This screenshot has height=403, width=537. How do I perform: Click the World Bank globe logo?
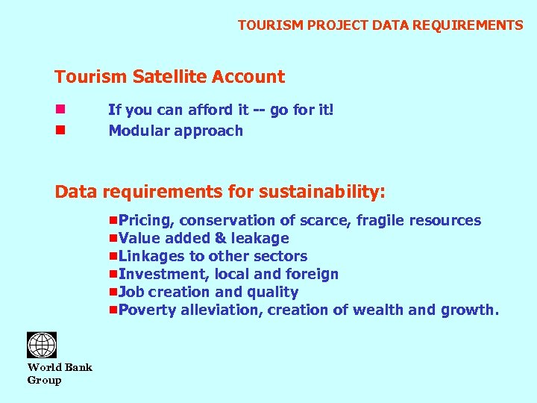(42, 345)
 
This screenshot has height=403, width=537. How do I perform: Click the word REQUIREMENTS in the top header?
(477, 25)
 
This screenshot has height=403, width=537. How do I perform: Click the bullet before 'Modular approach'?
(60, 131)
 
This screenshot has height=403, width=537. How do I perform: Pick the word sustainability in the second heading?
(321, 192)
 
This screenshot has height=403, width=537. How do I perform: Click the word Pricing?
(147, 220)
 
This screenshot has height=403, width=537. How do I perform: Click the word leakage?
(260, 238)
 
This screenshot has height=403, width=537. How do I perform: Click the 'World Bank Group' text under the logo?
(60, 373)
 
